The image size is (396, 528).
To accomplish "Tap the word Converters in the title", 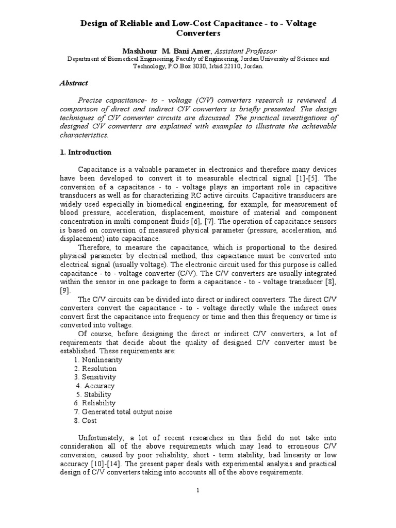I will pyautogui.click(x=198, y=34).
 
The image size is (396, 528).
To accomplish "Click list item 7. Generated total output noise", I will pyautogui.click(x=123, y=411).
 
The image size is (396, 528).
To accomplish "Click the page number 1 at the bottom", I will pyautogui.click(x=197, y=490).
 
